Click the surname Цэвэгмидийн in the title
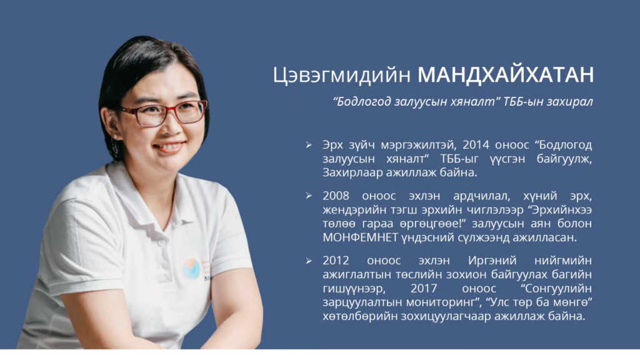point(342,76)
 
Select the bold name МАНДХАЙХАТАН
point(506,75)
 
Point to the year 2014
point(476,144)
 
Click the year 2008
point(336,196)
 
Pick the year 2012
point(336,261)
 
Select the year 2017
point(424,289)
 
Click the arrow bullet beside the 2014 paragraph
point(309,145)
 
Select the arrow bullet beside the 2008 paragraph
point(309,196)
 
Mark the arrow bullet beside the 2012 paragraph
point(309,261)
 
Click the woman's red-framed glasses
point(163,114)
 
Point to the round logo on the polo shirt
point(191,269)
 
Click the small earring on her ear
point(115,137)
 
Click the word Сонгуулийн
point(556,289)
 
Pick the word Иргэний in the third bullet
point(492,261)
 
